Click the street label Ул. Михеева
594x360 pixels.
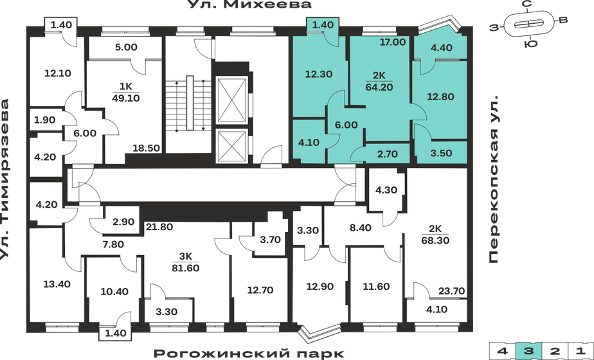pyautogui.click(x=249, y=6)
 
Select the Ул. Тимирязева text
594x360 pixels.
pyautogui.click(x=7, y=180)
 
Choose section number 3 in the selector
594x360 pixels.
pyautogui.click(x=526, y=351)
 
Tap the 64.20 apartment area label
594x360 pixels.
pyautogui.click(x=380, y=87)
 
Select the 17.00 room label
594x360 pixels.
pyautogui.click(x=393, y=43)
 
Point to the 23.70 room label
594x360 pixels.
pyautogui.click(x=451, y=290)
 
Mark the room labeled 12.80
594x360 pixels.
pyautogui.click(x=441, y=98)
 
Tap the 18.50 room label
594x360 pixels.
pyautogui.click(x=146, y=148)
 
